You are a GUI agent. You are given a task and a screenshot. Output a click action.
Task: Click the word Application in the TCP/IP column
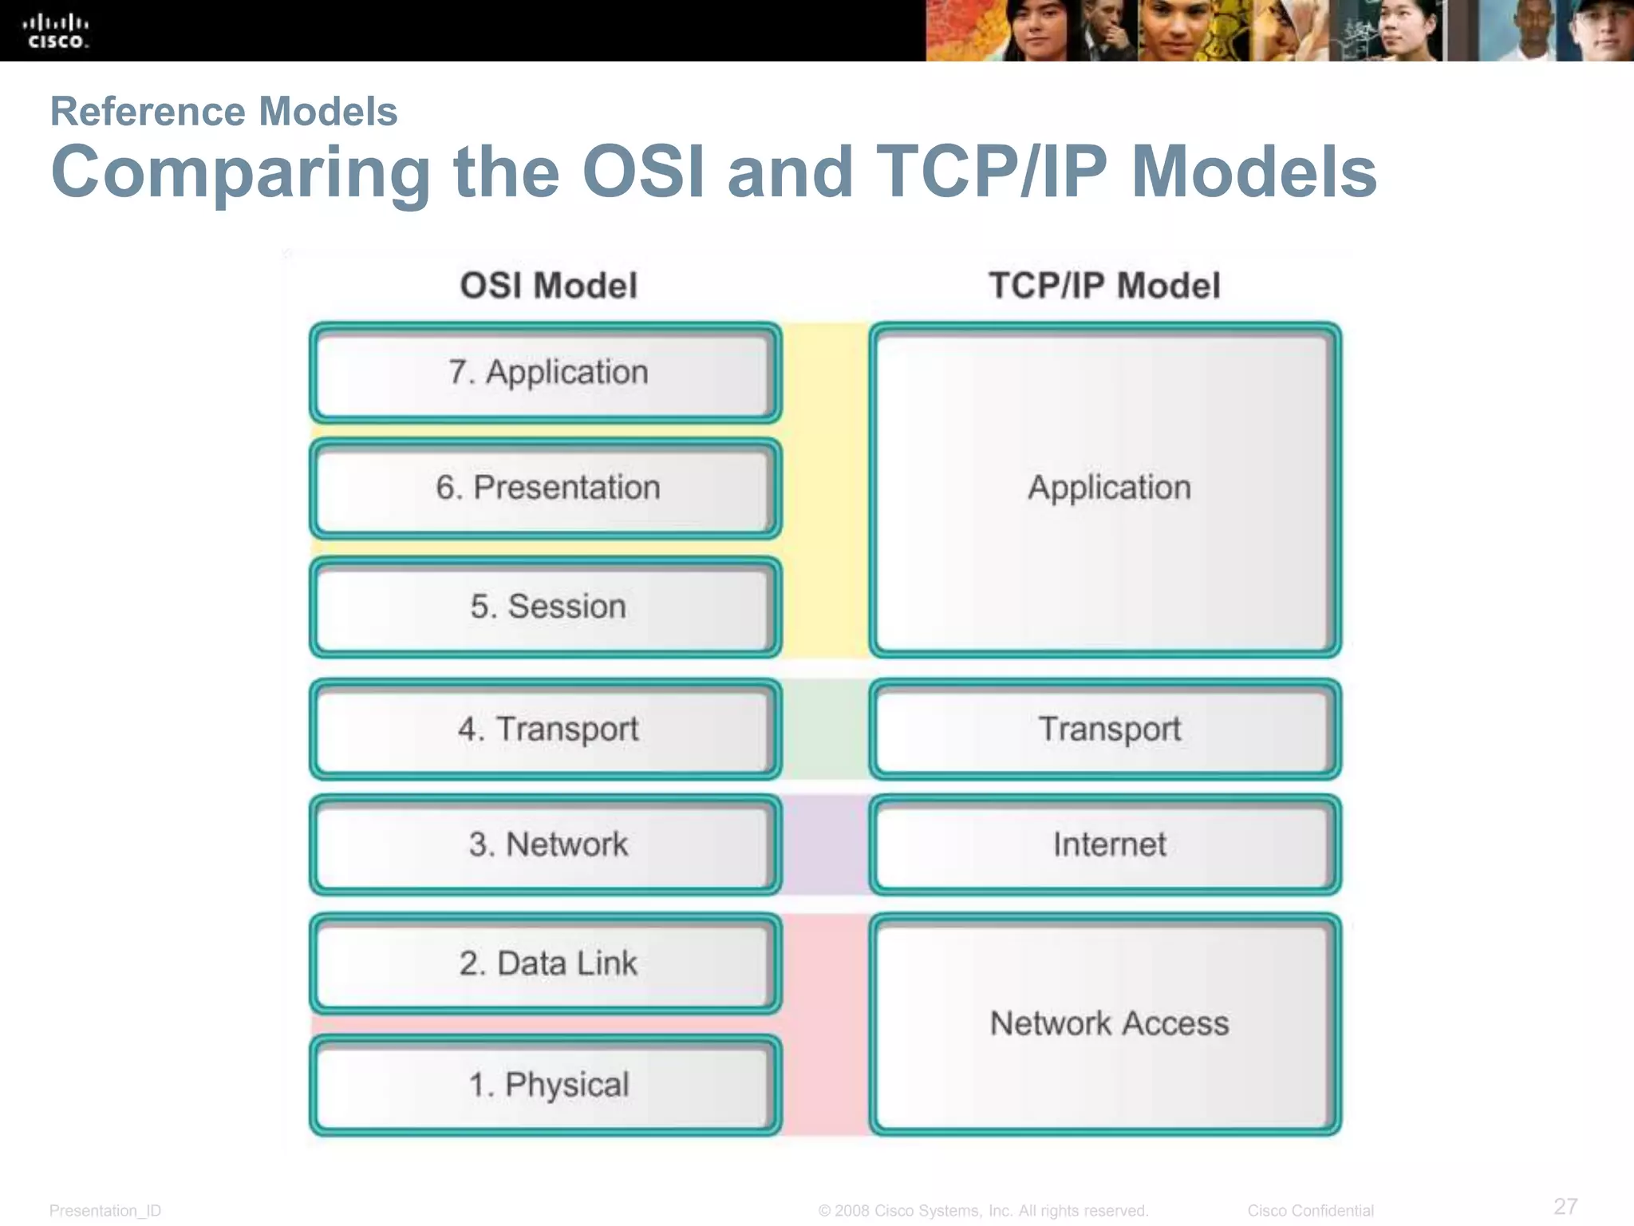[x=1109, y=488]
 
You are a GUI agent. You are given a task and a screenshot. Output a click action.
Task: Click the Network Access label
[x=1109, y=1023]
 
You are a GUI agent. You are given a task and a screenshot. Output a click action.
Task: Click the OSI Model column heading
[x=548, y=286]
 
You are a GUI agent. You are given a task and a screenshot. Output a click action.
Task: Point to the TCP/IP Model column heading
[x=1104, y=286]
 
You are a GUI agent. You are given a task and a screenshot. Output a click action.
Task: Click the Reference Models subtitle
[x=223, y=111]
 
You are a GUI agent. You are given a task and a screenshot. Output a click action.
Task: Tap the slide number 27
[x=1565, y=1206]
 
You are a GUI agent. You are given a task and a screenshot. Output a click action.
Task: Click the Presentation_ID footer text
[x=105, y=1211]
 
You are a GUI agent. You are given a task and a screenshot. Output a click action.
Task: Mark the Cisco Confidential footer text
[x=1310, y=1211]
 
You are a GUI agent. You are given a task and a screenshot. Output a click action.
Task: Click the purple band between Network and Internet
[x=825, y=844]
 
